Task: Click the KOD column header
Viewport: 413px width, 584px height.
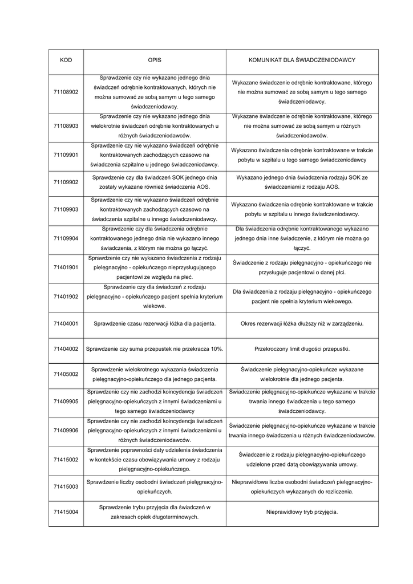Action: pos(66,60)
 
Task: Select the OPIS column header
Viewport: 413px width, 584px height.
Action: pos(154,60)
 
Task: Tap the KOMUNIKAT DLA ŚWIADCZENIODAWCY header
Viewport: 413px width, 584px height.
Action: pos(302,60)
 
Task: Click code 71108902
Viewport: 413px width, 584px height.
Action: pos(66,92)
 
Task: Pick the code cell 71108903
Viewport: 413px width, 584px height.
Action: pos(66,125)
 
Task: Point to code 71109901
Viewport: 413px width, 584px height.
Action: pos(66,155)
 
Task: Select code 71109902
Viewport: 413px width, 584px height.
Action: pos(66,182)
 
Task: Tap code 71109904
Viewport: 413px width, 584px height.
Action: pos(66,239)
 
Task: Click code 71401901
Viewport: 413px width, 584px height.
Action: pos(66,267)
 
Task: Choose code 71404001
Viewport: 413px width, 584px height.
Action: pos(66,323)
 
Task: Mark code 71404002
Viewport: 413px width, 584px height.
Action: pos(66,348)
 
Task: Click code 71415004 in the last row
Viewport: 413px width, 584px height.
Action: pos(66,512)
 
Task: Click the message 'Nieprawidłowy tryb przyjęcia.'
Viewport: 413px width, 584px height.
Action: pos(302,512)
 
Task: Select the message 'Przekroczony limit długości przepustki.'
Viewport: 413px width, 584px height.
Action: pos(302,348)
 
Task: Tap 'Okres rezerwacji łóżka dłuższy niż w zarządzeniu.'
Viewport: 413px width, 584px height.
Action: pos(302,323)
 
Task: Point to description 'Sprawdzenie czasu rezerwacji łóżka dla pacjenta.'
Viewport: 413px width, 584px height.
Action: pos(154,323)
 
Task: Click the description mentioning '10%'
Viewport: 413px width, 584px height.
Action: pos(154,348)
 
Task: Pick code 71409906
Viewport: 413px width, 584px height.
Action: pos(66,431)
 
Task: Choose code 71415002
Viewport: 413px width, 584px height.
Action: pos(66,460)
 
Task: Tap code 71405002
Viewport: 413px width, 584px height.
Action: pos(66,374)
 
